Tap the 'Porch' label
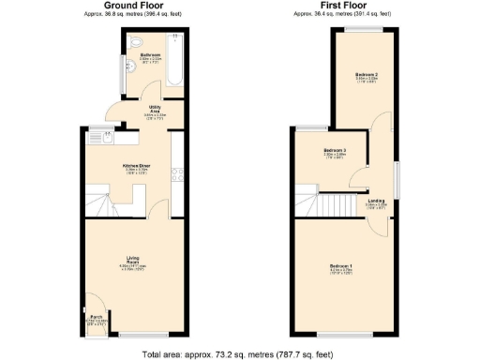(96, 318)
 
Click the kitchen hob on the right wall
(174, 173)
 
